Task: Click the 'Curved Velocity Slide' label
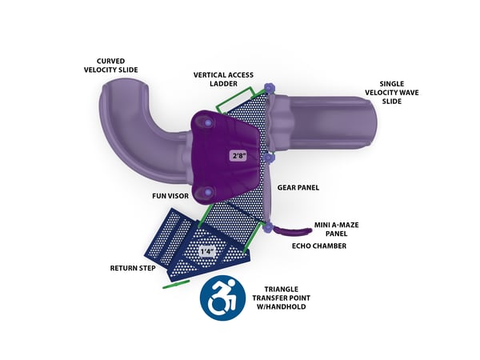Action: click(x=118, y=65)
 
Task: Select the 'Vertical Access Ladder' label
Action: click(x=224, y=79)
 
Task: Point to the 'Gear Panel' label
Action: click(x=298, y=187)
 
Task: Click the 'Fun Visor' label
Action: click(x=170, y=194)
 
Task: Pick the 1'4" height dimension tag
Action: click(x=207, y=250)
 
